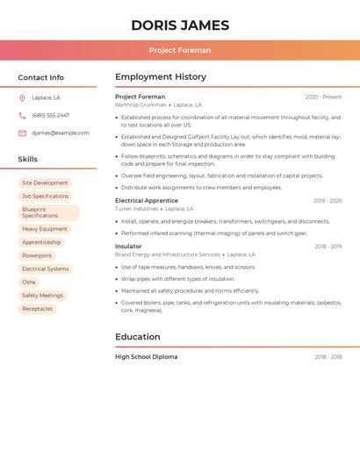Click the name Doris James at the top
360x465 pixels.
point(180,25)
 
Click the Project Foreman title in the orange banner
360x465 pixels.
point(180,50)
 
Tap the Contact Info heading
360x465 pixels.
point(41,77)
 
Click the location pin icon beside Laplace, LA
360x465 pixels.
point(22,97)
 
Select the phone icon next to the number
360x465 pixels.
point(22,115)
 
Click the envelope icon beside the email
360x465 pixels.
point(22,133)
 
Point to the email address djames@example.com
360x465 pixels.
point(61,133)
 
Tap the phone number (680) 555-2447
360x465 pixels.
point(50,115)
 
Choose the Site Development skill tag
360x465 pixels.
point(45,183)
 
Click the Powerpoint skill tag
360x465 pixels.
point(37,255)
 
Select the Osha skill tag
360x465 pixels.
point(29,282)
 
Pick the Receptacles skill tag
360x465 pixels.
point(37,309)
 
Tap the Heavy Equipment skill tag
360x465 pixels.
point(44,229)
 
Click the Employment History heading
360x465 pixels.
point(161,77)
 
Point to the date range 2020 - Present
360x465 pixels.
point(323,97)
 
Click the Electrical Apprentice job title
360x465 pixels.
point(147,201)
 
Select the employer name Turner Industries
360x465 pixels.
point(137,210)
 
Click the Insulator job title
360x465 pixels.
point(128,247)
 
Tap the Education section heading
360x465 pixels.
point(138,337)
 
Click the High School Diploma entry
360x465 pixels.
point(147,357)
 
